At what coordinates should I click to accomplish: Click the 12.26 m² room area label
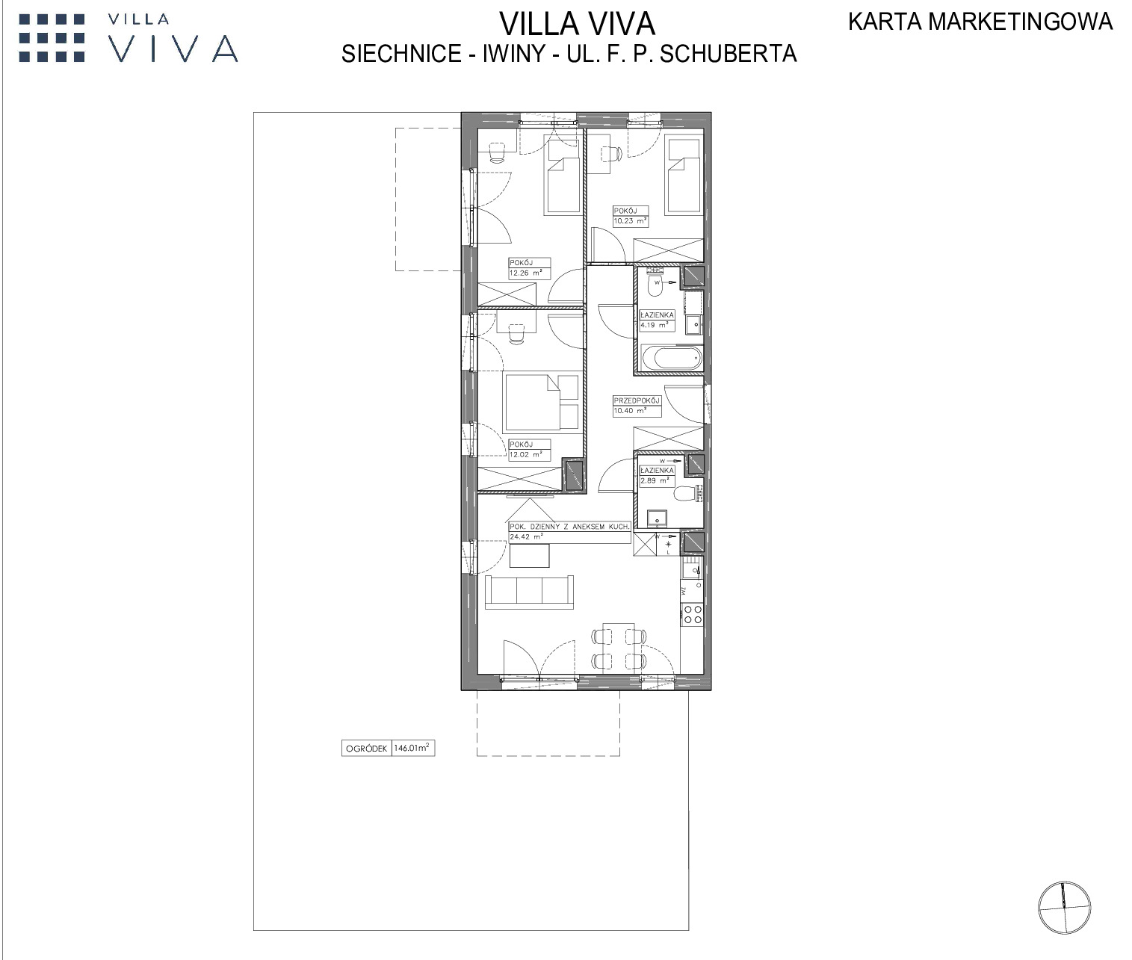[x=526, y=273]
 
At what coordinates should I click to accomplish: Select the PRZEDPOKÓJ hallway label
[x=637, y=401]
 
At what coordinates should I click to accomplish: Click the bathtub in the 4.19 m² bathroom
[x=672, y=359]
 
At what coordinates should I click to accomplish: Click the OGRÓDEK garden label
[x=366, y=749]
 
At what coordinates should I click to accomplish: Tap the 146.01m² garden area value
[x=411, y=748]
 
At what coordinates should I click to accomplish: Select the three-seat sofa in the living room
[x=530, y=592]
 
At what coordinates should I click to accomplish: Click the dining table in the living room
[x=619, y=645]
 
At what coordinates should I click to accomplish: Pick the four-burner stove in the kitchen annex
[x=692, y=614]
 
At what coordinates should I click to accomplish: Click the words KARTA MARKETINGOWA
[x=980, y=22]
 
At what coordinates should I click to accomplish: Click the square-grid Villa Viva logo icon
[x=52, y=38]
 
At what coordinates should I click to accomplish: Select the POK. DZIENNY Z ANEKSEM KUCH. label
[x=569, y=527]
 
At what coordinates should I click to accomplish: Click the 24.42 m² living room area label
[x=526, y=537]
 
